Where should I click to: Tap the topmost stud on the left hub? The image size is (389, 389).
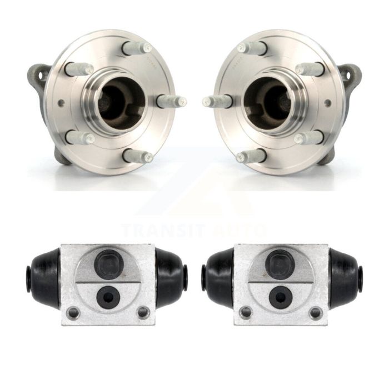(137, 48)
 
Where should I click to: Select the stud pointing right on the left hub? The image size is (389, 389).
(172, 101)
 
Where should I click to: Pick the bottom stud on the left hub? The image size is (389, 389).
(137, 156)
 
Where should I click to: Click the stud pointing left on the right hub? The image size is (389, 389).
(217, 101)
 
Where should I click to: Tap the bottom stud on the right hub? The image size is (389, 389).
(251, 156)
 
